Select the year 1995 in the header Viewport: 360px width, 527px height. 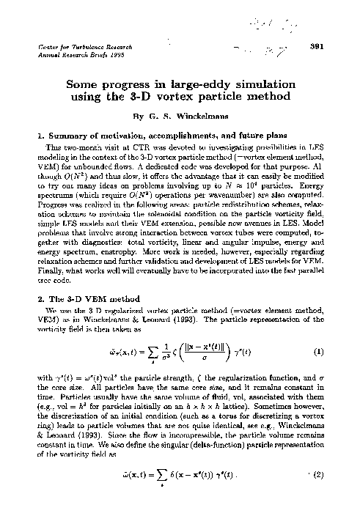tap(111, 56)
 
